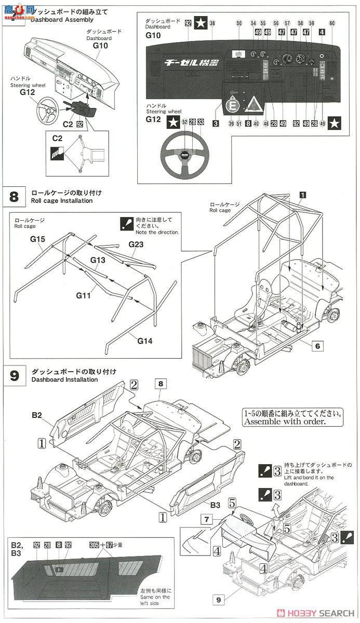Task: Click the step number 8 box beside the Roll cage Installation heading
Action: coord(14,197)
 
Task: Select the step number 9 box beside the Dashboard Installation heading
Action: coord(14,375)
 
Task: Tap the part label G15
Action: coord(38,240)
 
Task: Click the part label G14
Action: coord(146,341)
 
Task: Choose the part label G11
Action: coord(83,295)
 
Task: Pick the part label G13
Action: coord(98,260)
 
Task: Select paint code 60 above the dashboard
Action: coord(332,23)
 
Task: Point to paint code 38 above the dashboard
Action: coord(212,23)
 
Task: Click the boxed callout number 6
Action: coord(318,345)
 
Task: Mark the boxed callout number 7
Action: coord(206,519)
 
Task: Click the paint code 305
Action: coord(94,545)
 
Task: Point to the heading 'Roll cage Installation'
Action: coord(62,200)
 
